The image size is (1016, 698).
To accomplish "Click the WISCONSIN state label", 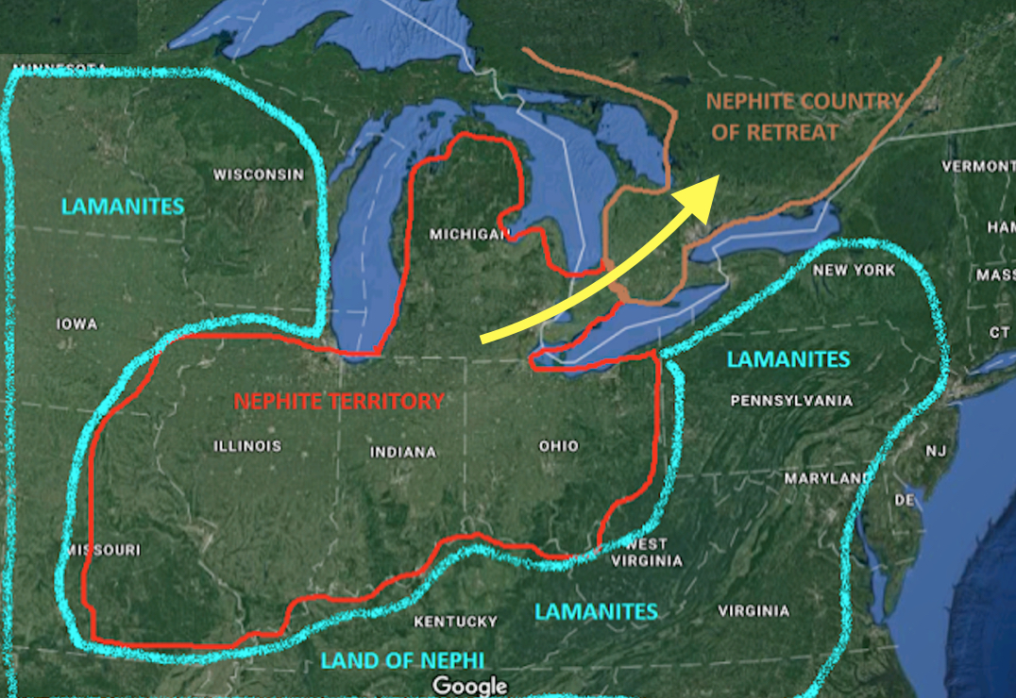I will click(x=259, y=174).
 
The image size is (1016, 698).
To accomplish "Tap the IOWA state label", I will click(x=76, y=324).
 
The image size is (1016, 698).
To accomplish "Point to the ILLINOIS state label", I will click(x=247, y=445).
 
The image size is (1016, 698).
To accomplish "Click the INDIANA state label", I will click(x=403, y=452).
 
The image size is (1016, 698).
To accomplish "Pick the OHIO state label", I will click(x=558, y=445).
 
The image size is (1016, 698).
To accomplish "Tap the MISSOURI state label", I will click(x=103, y=549).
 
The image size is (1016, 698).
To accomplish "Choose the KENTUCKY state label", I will click(x=455, y=622).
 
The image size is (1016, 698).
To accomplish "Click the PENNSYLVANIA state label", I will click(x=791, y=401).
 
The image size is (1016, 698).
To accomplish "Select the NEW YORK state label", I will click(x=854, y=271).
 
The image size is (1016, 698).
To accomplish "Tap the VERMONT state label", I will click(x=978, y=167).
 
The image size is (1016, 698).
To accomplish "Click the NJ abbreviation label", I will click(x=935, y=451).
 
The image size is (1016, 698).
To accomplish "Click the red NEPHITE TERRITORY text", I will click(x=338, y=401).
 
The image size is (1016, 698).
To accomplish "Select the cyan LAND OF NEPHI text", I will click(x=402, y=660).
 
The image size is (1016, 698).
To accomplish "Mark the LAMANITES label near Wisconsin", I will click(x=123, y=207).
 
